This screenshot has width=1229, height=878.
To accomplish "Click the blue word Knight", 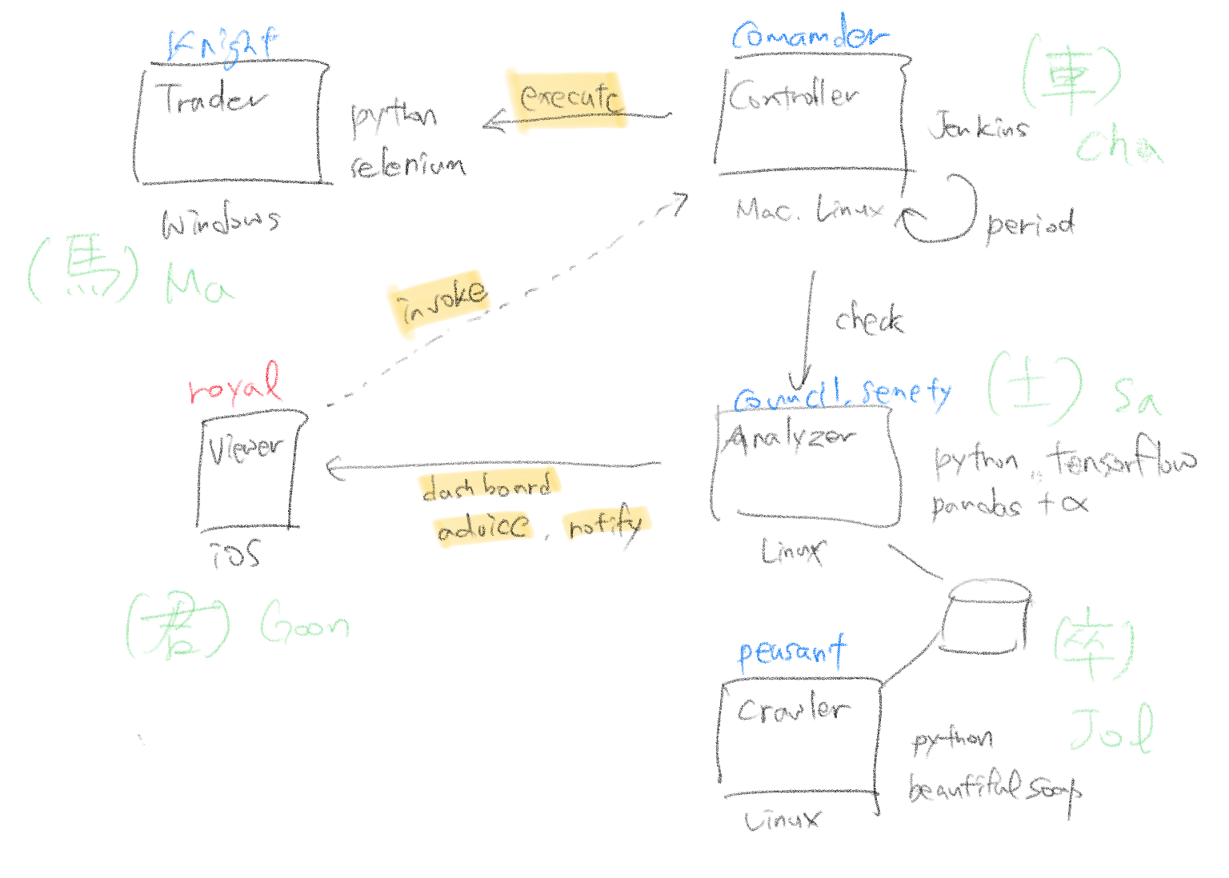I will click(x=222, y=44).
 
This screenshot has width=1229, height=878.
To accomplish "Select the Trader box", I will click(x=230, y=124).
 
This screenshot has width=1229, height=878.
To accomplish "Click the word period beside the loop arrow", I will click(x=1030, y=225).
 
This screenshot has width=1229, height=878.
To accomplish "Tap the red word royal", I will click(x=235, y=385).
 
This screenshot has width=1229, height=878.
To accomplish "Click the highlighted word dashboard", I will click(x=487, y=486).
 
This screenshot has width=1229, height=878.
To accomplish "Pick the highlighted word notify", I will click(x=606, y=525).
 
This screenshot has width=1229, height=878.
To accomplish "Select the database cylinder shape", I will click(x=987, y=617).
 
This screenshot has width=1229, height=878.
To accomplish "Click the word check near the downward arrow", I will click(x=869, y=320).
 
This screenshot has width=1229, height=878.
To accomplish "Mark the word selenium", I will click(x=407, y=165).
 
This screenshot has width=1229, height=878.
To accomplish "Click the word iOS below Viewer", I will click(x=236, y=553).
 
